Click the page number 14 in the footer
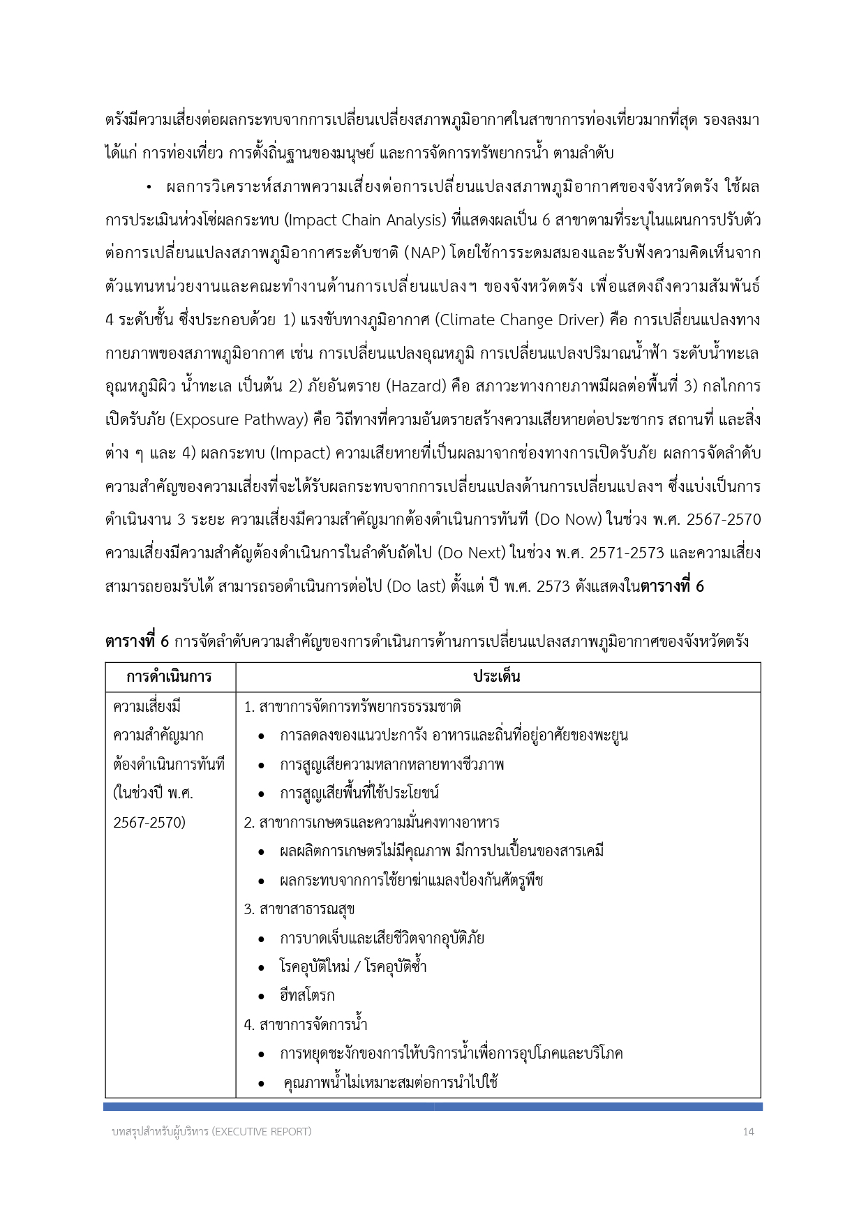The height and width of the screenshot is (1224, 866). click(748, 1131)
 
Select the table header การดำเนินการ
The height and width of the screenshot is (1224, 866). click(170, 677)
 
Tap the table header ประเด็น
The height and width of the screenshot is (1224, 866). click(497, 677)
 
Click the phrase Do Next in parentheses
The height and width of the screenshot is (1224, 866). click(474, 553)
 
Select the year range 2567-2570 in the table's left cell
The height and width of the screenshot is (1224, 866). click(149, 823)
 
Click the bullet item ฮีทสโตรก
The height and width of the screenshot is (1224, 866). click(307, 996)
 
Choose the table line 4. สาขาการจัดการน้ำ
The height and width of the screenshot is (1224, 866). click(306, 1024)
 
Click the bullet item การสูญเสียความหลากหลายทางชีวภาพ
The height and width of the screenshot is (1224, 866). click(391, 765)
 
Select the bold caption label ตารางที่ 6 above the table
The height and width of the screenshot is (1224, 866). click(137, 641)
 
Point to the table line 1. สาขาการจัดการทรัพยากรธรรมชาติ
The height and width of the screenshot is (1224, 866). click(352, 707)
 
